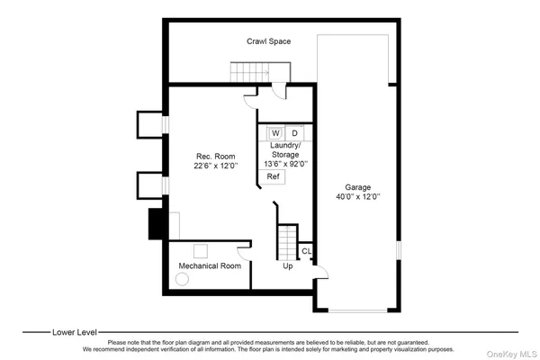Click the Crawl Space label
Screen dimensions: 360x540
(269, 41)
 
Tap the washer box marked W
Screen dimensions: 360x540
(275, 133)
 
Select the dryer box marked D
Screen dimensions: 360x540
(294, 133)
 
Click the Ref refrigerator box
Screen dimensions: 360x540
(273, 176)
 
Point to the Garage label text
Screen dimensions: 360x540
(358, 187)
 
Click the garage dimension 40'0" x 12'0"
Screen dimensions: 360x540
(358, 197)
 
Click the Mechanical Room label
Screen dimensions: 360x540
(209, 266)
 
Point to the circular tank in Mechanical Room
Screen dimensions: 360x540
(183, 280)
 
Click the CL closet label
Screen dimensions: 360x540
(306, 251)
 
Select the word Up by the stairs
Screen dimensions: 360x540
(288, 266)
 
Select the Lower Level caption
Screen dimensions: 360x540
(76, 331)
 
